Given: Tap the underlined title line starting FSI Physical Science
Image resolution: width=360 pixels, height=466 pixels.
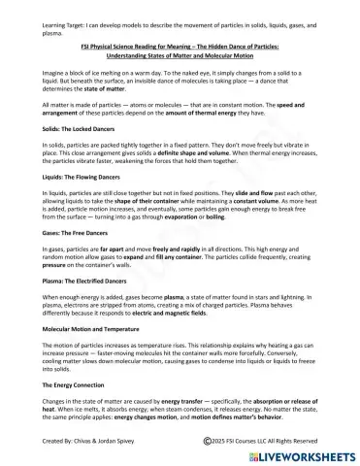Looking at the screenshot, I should [180, 45].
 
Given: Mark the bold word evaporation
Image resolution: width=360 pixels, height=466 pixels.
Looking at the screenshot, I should [204, 250].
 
